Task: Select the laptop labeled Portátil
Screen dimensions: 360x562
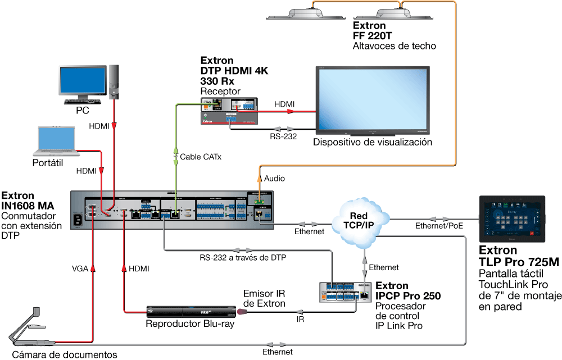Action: click(x=56, y=140)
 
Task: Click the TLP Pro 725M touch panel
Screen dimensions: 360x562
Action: click(x=511, y=219)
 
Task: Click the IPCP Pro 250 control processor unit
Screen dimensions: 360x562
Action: click(x=343, y=291)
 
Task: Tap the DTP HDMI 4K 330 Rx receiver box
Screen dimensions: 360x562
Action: click(x=230, y=111)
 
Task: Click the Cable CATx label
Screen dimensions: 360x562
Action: click(x=201, y=157)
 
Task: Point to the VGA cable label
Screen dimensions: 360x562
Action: click(x=79, y=269)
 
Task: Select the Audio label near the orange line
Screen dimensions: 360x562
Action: click(x=275, y=179)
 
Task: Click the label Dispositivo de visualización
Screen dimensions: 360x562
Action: click(x=373, y=142)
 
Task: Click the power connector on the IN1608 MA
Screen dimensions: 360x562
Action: click(x=78, y=220)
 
